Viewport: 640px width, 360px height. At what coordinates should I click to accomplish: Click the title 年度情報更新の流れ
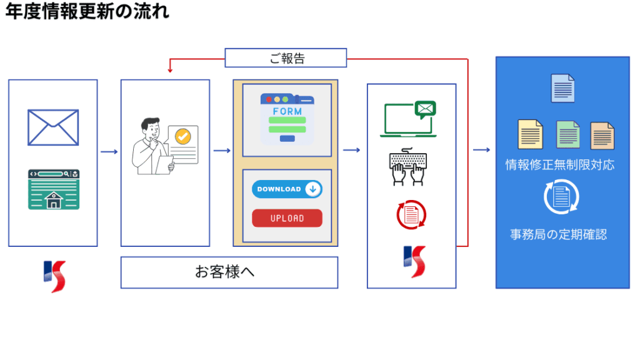(x=87, y=12)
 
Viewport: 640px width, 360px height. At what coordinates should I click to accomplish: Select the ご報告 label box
(x=286, y=58)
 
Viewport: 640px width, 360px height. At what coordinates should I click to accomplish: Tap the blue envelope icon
(x=53, y=127)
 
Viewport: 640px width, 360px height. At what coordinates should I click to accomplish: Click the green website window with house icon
(x=53, y=189)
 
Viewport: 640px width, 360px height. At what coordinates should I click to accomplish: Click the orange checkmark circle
(x=182, y=137)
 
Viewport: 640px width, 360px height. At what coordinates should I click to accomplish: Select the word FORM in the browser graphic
(x=287, y=111)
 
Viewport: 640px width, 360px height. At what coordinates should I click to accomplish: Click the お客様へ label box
(x=229, y=272)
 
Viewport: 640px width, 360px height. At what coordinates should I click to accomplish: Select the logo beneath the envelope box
(x=54, y=276)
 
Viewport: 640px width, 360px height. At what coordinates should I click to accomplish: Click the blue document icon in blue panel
(x=562, y=87)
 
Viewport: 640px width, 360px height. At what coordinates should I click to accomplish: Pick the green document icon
(x=568, y=134)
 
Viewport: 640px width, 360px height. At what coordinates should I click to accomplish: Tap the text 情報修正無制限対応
(x=560, y=165)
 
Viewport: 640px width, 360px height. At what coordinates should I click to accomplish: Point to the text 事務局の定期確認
(x=558, y=235)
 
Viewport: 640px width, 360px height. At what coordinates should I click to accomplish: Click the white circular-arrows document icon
(x=561, y=197)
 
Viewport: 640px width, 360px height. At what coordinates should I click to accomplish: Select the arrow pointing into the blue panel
(x=481, y=150)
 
